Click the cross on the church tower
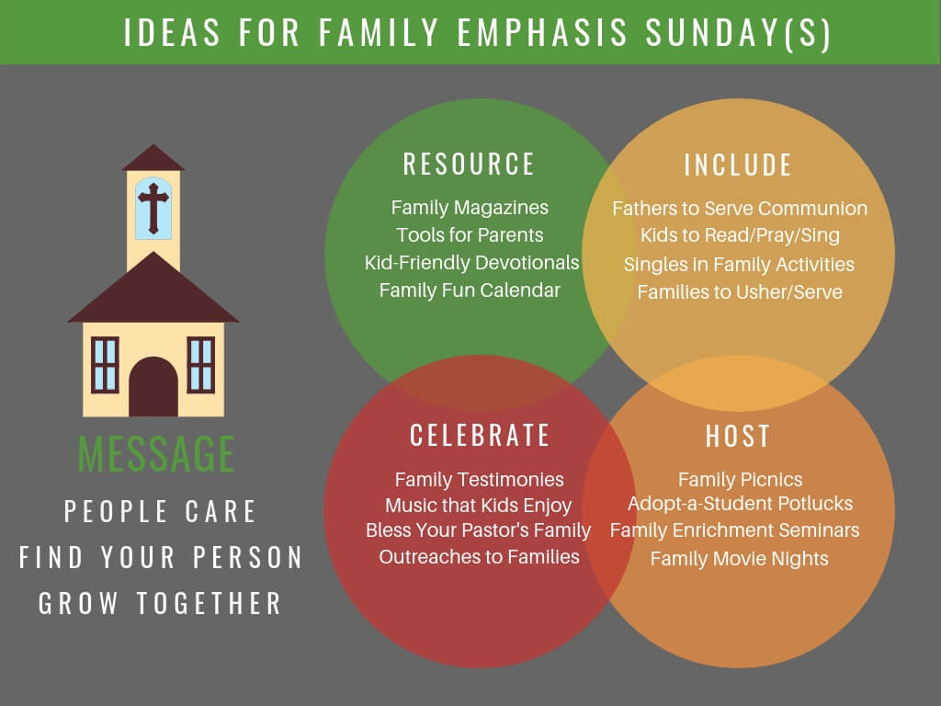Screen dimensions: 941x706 pos(153,208)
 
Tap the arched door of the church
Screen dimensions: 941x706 pos(153,387)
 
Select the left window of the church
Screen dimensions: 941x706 pos(105,365)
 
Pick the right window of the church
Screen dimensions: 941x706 pos(201,365)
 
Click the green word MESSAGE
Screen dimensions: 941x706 pos(156,453)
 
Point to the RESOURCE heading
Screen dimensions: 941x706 pos(469,165)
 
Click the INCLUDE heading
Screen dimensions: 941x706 pos(738,165)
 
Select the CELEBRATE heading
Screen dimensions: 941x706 pos(480,435)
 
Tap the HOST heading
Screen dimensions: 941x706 pos(738,437)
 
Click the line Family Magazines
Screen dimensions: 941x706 pos(470,208)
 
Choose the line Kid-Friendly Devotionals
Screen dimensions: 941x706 pos(471,263)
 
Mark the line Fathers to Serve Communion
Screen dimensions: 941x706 pos(740,209)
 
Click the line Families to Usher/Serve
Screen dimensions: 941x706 pos(740,291)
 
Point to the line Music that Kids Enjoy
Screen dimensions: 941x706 pos(478,506)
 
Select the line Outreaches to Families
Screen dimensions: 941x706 pos(479,556)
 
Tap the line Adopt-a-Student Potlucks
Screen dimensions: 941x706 pos(740,504)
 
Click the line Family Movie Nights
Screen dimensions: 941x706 pos(740,558)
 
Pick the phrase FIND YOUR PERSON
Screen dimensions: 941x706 pos(161,557)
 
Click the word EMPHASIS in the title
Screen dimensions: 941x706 pos(542,32)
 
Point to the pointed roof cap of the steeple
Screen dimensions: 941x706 pos(153,157)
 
